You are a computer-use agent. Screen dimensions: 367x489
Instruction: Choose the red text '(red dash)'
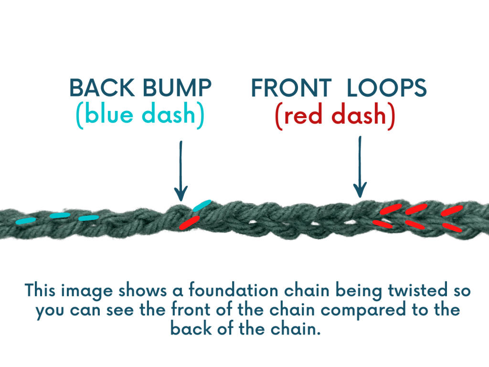point(335,116)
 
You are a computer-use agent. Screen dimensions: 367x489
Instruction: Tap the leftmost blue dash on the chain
point(25,220)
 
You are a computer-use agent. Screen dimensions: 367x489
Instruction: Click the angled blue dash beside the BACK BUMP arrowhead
point(202,205)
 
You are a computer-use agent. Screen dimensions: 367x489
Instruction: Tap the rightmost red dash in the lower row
point(452,227)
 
